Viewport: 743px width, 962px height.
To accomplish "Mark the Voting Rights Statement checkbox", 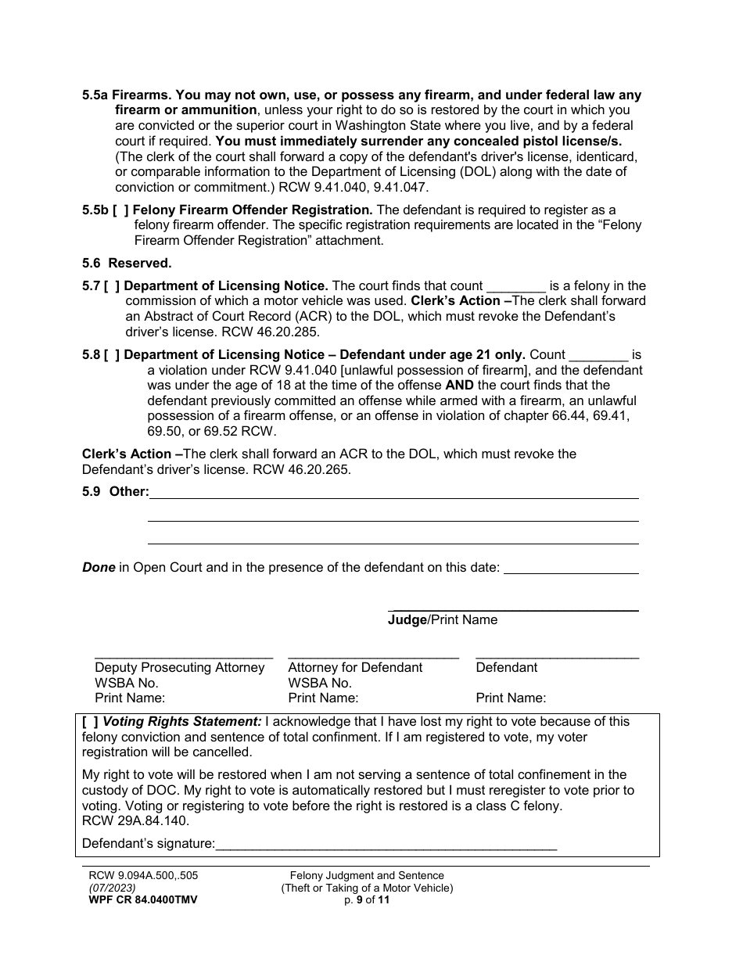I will point(90,722).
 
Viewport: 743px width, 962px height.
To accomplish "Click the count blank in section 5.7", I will point(516,287).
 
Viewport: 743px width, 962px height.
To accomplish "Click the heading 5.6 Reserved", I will point(127,263).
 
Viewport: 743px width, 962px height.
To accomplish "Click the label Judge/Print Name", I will point(443,620).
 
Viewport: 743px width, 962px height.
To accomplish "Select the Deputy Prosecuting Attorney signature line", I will point(184,655).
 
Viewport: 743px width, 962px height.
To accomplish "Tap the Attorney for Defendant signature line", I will point(373,655).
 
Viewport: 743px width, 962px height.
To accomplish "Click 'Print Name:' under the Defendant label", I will point(511,698).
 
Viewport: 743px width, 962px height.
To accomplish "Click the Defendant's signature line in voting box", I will point(386,845).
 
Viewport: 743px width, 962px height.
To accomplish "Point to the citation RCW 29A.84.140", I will point(135,821).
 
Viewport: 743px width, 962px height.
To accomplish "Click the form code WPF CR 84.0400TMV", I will point(143,900).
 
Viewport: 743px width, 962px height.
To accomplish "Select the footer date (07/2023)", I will point(112,888).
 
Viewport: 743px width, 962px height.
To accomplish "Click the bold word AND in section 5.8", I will point(459,386).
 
